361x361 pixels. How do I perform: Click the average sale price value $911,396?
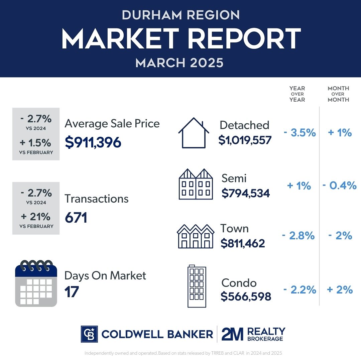(x=93, y=142)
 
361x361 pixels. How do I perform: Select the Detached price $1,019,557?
(x=245, y=140)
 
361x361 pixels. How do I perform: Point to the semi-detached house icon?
(x=196, y=184)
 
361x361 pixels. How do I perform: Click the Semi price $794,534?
(x=246, y=193)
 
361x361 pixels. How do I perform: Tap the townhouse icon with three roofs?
(x=196, y=236)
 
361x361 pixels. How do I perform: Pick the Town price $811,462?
(x=243, y=243)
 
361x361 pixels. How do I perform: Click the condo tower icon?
(x=197, y=287)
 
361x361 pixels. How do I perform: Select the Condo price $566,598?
(x=246, y=296)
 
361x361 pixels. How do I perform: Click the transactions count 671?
(x=76, y=218)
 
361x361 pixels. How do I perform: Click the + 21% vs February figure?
(x=36, y=217)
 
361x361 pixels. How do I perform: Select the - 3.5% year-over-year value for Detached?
(x=299, y=133)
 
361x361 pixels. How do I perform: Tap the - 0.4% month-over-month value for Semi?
(x=340, y=186)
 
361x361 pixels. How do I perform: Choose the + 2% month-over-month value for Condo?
(x=340, y=289)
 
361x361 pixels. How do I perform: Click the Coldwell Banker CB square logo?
(x=89, y=334)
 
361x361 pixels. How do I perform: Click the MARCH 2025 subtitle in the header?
(x=180, y=63)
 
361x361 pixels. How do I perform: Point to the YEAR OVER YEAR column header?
(x=297, y=94)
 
